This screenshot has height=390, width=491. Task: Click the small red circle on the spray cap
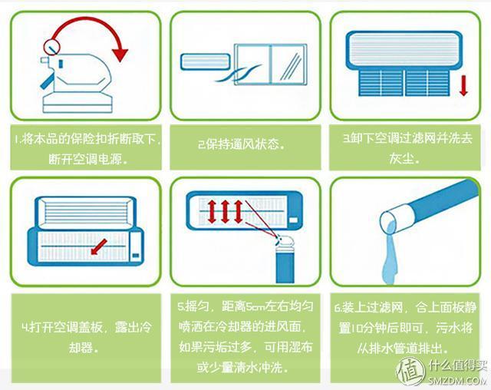tap(51, 47)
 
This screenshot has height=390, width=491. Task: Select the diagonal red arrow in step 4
tap(99, 247)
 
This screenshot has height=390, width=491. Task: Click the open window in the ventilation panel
tap(271, 64)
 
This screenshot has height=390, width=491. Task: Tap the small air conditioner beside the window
tap(205, 62)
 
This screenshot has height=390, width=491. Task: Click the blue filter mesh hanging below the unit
tap(404, 83)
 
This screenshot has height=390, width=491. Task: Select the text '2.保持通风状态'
tap(242, 145)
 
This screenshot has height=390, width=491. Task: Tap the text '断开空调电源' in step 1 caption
tap(84, 160)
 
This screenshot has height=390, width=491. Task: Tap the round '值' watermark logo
tap(410, 372)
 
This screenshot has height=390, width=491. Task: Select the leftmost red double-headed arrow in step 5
tap(212, 212)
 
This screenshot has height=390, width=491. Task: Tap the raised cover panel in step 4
tap(86, 212)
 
